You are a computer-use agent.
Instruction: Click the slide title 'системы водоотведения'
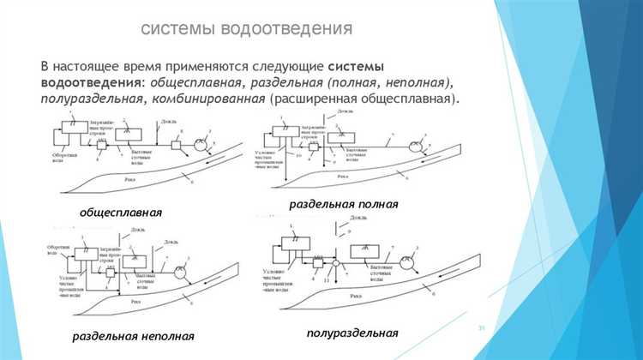click(x=246, y=30)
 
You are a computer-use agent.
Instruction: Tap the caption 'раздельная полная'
click(x=343, y=205)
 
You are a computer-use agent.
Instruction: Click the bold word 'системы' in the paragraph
click(x=355, y=66)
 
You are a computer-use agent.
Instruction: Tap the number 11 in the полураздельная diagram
click(x=327, y=283)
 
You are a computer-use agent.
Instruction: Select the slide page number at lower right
click(x=481, y=328)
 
